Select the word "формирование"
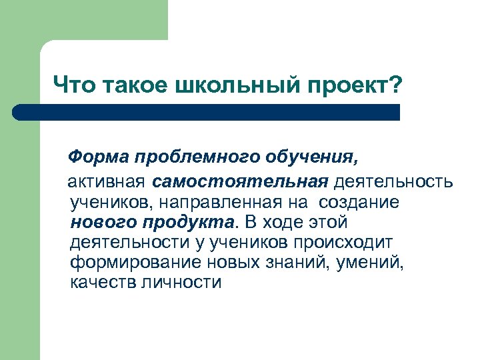click(x=124, y=262)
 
